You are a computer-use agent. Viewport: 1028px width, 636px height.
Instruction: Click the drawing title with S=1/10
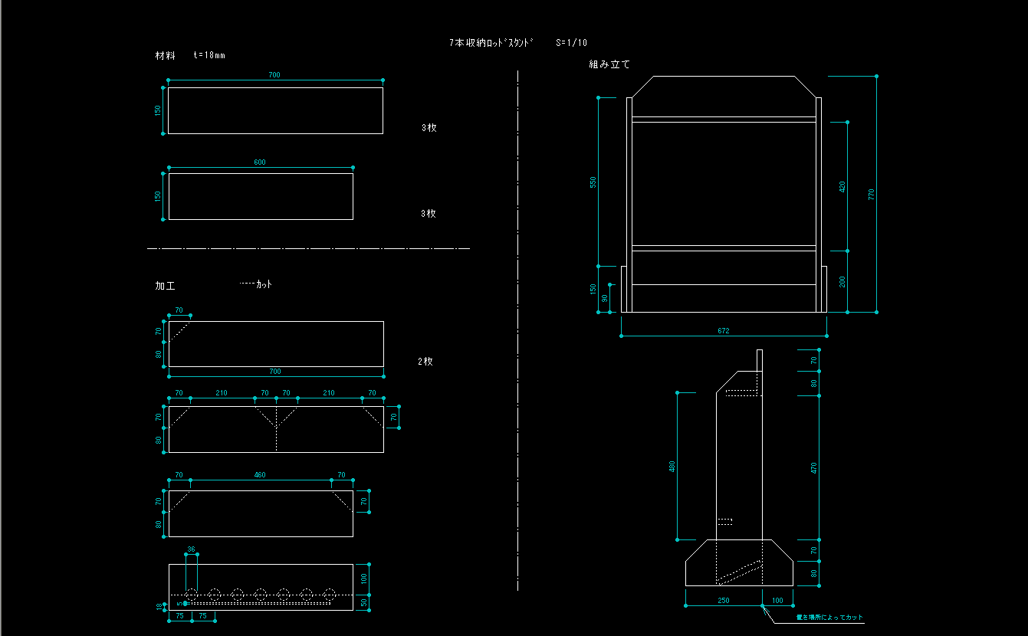518,43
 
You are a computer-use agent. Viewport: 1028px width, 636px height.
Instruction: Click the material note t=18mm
209,55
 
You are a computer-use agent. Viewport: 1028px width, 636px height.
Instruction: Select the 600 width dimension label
261,162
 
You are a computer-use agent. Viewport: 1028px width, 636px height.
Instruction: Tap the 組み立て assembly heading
609,65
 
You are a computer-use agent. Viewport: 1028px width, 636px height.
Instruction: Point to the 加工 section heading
165,286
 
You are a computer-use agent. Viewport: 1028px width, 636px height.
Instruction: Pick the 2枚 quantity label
425,361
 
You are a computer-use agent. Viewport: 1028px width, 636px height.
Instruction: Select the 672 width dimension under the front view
724,331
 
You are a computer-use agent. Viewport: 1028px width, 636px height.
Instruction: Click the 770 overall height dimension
871,194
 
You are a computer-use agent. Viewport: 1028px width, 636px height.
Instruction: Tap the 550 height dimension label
593,182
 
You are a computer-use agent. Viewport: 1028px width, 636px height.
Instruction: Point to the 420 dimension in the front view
842,186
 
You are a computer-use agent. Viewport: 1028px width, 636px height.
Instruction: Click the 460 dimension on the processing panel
261,475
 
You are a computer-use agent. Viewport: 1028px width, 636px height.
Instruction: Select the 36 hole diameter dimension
191,549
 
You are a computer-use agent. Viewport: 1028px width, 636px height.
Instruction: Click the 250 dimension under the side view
723,600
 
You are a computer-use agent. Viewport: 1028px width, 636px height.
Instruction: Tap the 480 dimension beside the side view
672,466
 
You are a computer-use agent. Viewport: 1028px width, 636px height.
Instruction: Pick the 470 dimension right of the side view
814,467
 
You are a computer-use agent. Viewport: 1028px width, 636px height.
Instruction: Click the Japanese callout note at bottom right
829,617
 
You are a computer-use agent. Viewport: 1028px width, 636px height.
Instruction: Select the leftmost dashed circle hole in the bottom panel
192,595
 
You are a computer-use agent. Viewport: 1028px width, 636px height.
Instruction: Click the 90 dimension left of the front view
605,298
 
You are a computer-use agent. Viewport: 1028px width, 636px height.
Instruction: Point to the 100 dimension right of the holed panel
364,577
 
